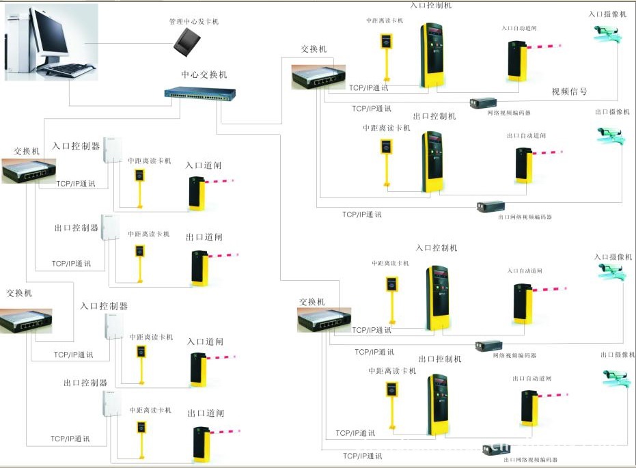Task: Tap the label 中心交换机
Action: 204,74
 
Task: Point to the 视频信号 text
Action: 569,92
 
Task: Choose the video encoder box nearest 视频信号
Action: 483,102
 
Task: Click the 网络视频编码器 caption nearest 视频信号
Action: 509,113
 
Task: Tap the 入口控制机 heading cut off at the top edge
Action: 431,5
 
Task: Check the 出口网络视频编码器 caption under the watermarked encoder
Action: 530,460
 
